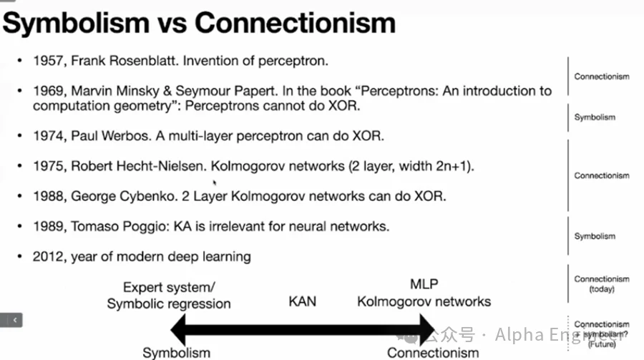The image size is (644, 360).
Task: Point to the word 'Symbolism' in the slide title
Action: tap(74, 23)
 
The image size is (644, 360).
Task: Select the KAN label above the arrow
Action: tap(302, 302)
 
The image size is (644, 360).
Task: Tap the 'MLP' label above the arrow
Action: tap(424, 285)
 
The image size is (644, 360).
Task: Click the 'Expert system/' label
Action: tap(169, 287)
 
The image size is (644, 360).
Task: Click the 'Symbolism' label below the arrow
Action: tap(177, 352)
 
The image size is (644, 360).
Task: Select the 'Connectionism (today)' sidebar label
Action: tap(602, 284)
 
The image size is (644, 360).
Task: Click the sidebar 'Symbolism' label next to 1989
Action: tap(594, 236)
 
